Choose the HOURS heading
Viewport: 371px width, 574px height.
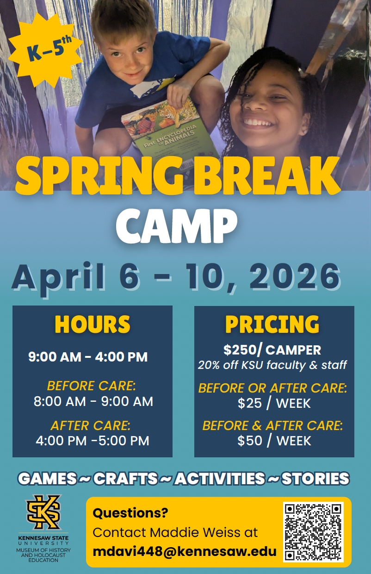(92, 324)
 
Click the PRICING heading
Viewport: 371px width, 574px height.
(272, 324)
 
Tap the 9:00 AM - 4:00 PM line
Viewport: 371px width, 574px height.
(88, 357)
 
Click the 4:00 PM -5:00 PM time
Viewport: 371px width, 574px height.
(93, 440)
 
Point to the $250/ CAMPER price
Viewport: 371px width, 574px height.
(272, 349)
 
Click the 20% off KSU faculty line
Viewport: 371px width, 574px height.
(272, 365)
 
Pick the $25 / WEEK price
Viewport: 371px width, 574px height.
(274, 403)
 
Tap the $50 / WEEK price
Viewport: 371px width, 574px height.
(274, 441)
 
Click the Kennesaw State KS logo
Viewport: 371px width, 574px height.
(43, 512)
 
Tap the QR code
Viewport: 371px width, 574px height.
(313, 532)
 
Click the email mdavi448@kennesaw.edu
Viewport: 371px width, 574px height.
(185, 552)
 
